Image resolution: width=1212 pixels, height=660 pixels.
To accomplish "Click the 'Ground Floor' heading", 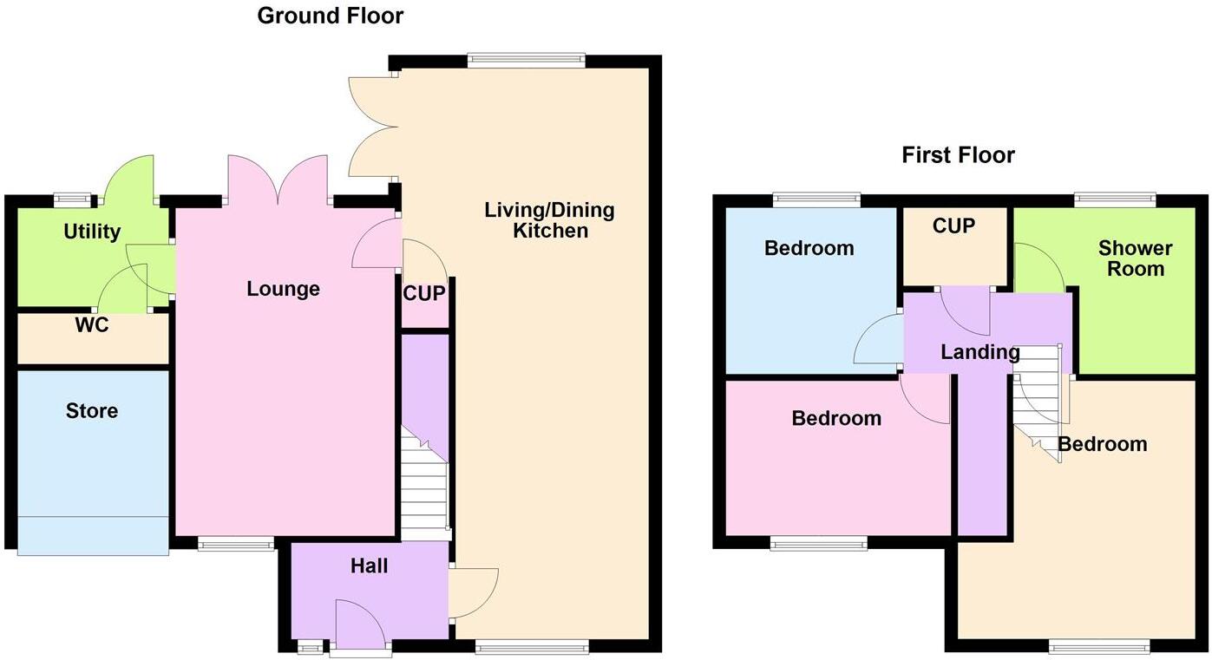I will click(x=330, y=16).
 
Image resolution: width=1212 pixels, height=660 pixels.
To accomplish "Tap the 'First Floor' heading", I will click(x=958, y=155).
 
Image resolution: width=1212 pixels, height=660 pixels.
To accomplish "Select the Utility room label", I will click(x=92, y=232).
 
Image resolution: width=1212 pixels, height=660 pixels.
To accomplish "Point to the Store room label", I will click(x=92, y=410).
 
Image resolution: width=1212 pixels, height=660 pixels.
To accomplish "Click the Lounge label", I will click(x=283, y=289).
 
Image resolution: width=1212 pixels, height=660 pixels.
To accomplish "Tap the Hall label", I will click(x=369, y=566).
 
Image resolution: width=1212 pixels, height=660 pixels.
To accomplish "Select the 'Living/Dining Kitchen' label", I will click(x=549, y=220).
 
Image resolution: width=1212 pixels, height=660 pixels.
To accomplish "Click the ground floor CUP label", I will click(x=424, y=294).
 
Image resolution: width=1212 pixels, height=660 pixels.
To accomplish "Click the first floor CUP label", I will click(x=954, y=225).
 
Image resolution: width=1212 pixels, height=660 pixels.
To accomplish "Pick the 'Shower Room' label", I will click(x=1135, y=258).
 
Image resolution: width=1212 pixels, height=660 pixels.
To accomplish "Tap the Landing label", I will click(x=980, y=352).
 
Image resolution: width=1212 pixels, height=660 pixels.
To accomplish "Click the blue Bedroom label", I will click(x=809, y=248).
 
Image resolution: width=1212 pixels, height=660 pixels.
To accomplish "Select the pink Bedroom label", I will click(x=836, y=418).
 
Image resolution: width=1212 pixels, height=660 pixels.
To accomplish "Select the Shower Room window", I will click(x=1115, y=200).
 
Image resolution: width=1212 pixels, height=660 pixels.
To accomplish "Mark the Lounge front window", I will click(x=235, y=545).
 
